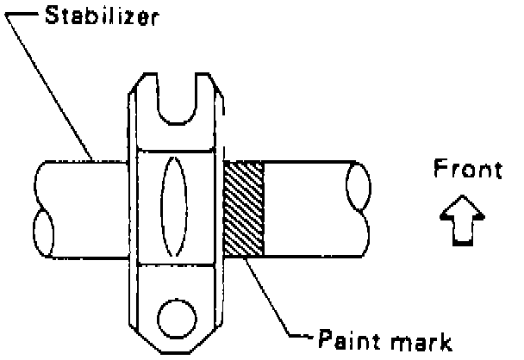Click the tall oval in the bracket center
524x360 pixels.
(173, 206)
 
